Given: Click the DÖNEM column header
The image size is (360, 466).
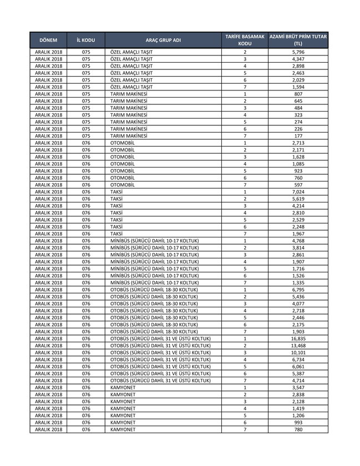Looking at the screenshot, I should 48,40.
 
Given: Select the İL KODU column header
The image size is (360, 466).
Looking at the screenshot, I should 86,40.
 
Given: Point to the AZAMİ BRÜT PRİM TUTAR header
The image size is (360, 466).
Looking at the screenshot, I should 298,39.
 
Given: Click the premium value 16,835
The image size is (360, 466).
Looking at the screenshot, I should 298,338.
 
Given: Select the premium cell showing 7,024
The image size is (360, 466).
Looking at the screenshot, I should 298,192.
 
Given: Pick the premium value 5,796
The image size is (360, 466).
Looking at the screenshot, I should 298,52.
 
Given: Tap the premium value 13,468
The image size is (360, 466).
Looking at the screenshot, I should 298,346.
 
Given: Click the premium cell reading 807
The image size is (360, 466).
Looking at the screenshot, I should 298,94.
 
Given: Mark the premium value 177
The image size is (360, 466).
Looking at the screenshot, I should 298,136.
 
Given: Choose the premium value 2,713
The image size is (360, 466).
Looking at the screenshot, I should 298,143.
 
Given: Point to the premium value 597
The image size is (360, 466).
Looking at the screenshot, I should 298,185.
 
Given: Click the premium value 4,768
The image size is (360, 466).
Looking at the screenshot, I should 298,241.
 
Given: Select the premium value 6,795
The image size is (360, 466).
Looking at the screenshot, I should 298,290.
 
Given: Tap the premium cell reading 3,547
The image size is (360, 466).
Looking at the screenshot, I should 298,387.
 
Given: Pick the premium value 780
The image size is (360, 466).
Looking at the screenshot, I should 298,429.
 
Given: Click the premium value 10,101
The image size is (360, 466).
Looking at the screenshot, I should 298,352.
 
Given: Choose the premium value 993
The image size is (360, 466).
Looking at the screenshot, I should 298,422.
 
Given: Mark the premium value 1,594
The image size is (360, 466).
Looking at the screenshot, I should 298,87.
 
